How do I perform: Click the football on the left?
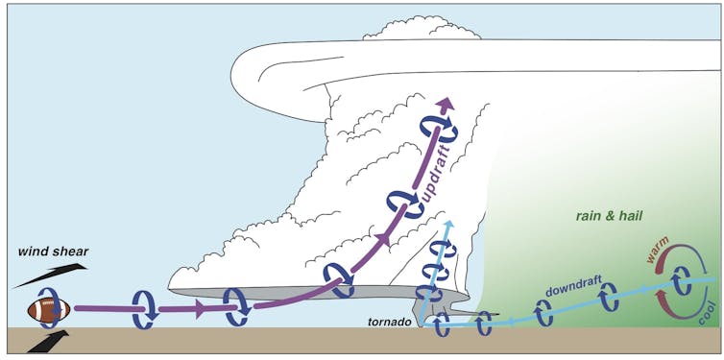click(x=48, y=310)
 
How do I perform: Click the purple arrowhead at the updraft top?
click(x=445, y=104)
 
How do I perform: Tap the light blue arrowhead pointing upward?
click(x=447, y=228)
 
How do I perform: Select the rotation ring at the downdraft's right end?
click(x=682, y=282)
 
